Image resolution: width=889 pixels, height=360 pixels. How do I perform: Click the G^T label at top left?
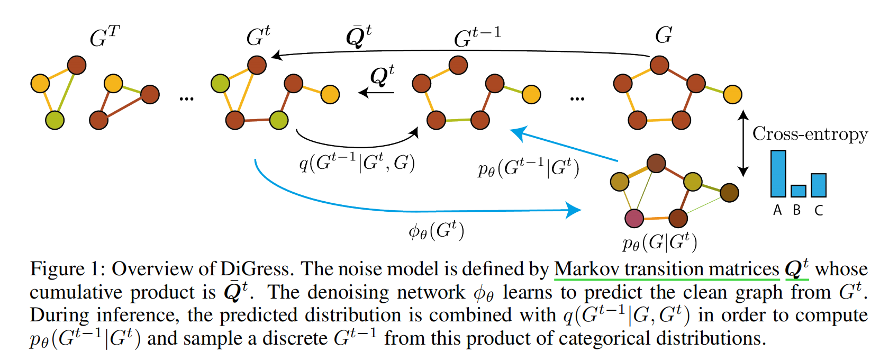(x=104, y=37)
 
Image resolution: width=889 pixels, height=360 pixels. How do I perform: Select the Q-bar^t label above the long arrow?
(x=358, y=36)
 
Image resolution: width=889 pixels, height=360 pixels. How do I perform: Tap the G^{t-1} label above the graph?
(x=477, y=37)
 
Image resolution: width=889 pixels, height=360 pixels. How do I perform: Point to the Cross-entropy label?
(x=810, y=134)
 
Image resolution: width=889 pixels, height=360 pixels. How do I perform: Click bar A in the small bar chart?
(x=778, y=174)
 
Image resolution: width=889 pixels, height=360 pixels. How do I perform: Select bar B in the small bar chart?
(x=798, y=191)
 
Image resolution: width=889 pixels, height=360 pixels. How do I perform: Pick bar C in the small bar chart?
(x=818, y=185)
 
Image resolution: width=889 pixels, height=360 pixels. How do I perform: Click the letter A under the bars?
(x=777, y=211)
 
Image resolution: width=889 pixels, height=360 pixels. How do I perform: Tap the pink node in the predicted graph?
(x=634, y=218)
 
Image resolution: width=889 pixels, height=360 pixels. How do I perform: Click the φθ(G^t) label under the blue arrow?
(x=436, y=231)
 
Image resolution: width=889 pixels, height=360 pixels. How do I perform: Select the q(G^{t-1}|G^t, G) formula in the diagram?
(x=357, y=163)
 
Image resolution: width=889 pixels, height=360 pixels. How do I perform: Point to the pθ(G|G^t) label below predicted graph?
(x=659, y=242)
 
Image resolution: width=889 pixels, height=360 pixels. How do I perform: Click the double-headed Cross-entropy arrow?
(x=743, y=143)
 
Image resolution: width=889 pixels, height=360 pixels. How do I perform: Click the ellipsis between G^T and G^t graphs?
(x=186, y=98)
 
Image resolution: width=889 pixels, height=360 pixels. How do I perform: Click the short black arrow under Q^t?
(x=376, y=93)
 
